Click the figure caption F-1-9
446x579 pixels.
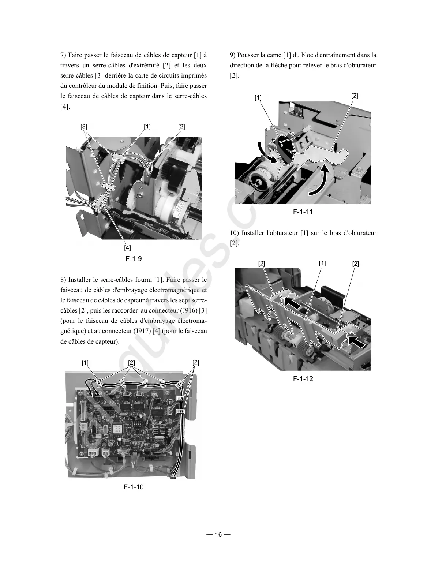click(134, 259)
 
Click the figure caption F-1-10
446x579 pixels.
click(134, 487)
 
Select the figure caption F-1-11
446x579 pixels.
click(303, 212)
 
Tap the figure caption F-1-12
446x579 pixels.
click(303, 378)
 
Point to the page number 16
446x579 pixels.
click(218, 534)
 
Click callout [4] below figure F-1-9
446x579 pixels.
click(127, 248)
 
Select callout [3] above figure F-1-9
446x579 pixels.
click(84, 127)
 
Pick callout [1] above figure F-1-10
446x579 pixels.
click(85, 363)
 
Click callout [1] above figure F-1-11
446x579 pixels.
click(258, 97)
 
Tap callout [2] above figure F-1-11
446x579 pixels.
click(355, 96)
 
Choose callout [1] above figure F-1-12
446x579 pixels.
click(322, 263)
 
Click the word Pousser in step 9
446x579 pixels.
click(248, 55)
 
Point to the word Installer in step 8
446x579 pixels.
click(80, 280)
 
